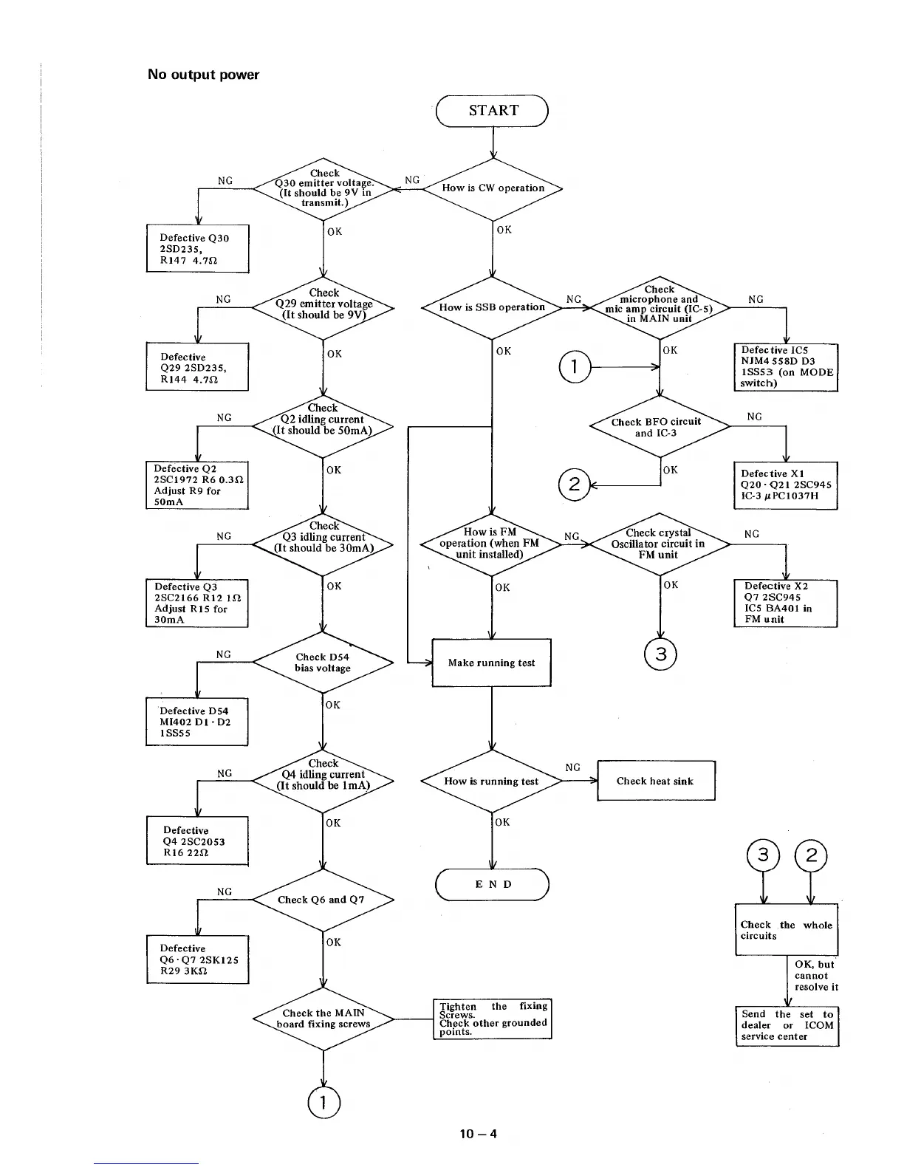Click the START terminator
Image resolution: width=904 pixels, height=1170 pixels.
click(493, 111)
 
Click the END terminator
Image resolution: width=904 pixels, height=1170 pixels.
click(493, 884)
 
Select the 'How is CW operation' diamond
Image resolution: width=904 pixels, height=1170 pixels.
click(493, 188)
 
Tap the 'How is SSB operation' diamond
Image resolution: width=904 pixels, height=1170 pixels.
click(492, 307)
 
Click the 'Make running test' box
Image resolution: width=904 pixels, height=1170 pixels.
click(491, 663)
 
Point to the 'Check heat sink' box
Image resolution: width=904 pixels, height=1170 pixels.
click(655, 781)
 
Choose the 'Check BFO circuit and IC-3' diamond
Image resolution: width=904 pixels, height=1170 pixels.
click(659, 427)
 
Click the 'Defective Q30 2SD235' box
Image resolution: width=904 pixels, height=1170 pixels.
click(197, 249)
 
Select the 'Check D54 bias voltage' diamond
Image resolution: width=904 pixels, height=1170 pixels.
click(323, 663)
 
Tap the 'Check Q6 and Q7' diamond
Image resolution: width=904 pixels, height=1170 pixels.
click(323, 900)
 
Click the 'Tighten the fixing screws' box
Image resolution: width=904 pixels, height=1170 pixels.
click(493, 1019)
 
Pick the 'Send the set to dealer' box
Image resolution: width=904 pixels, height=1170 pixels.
click(787, 1025)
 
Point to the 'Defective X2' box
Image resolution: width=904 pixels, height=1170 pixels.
click(785, 603)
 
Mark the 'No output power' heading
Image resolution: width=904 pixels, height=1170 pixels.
click(203, 75)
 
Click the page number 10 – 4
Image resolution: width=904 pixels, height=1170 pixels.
click(478, 1133)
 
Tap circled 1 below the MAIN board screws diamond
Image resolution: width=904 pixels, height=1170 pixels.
click(323, 1102)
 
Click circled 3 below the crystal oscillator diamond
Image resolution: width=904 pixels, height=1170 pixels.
click(660, 654)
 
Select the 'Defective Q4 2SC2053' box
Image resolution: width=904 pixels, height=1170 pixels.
click(197, 841)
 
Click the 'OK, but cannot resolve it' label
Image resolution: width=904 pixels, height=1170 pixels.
click(816, 976)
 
